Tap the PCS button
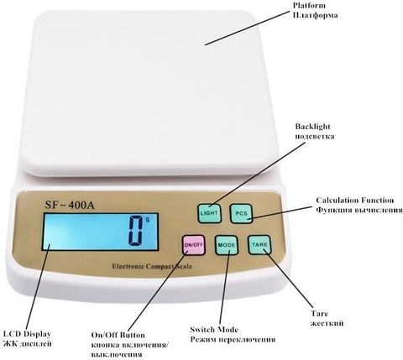[x=241, y=214]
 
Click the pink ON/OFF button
[x=193, y=245]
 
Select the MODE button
[x=227, y=245]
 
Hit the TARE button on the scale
[x=259, y=245]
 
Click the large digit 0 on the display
[x=136, y=231]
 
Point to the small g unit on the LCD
[x=148, y=220]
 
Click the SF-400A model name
[x=70, y=206]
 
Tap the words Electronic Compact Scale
[x=152, y=266]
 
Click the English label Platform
[x=309, y=5]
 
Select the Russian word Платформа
[x=315, y=15]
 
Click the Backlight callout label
[x=312, y=127]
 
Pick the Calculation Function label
[x=355, y=201]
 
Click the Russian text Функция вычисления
[x=359, y=210]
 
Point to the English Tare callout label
[x=319, y=314]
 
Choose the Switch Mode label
[x=214, y=330]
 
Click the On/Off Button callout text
[x=118, y=335]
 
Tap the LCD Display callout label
[x=27, y=334]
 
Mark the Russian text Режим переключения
[x=233, y=340]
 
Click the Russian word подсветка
[x=315, y=137]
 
